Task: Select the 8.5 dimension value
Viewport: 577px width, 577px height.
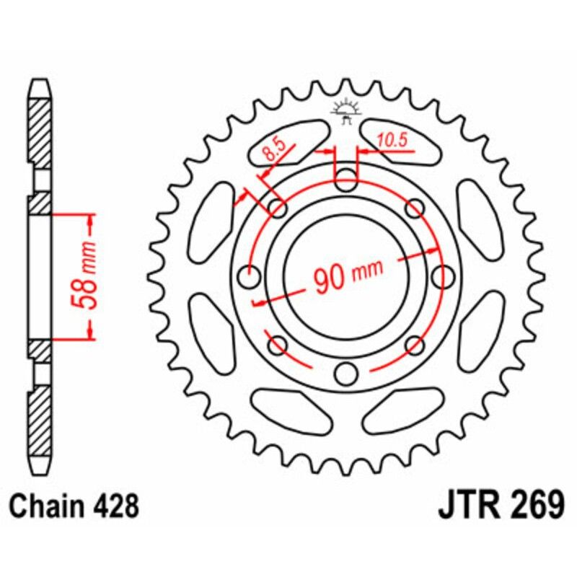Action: [275, 151]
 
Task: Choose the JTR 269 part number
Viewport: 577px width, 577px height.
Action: [501, 505]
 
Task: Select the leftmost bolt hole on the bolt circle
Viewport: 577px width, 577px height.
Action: [250, 277]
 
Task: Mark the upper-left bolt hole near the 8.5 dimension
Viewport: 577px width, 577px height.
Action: [277, 209]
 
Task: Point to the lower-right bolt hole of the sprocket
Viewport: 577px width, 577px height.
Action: [415, 345]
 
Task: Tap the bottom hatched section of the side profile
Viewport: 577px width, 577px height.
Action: [40, 426]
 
